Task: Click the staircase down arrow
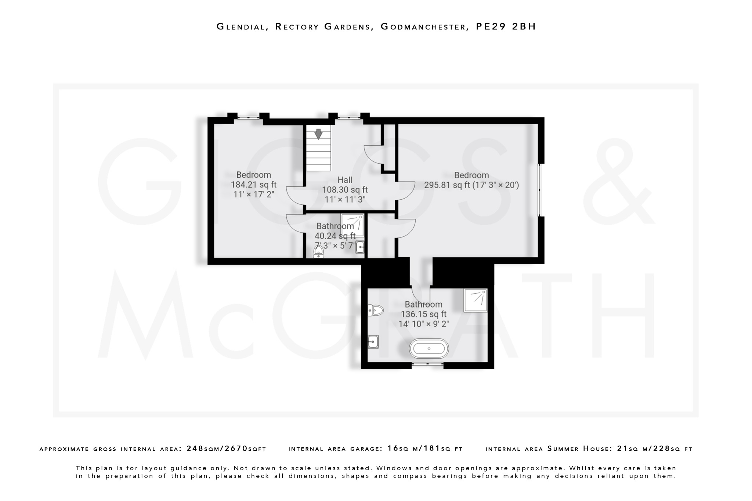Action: [x=318, y=134]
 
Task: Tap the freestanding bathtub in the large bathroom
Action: [x=429, y=348]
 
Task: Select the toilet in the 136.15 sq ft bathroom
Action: [x=376, y=311]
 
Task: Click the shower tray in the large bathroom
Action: [x=476, y=301]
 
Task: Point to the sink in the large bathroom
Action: [x=373, y=342]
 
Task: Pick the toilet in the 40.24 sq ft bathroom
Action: [x=319, y=252]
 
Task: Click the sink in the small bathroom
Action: [x=360, y=247]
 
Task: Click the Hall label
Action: [x=345, y=180]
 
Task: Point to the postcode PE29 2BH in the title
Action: [x=506, y=26]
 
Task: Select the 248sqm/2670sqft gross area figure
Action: [x=226, y=449]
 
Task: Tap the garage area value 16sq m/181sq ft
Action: [x=425, y=449]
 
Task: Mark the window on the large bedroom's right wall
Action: [x=539, y=190]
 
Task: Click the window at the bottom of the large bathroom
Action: [x=427, y=364]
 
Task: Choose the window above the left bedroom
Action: [x=248, y=117]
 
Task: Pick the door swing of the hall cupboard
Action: [x=373, y=154]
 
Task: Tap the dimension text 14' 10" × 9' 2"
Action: [x=423, y=324]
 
